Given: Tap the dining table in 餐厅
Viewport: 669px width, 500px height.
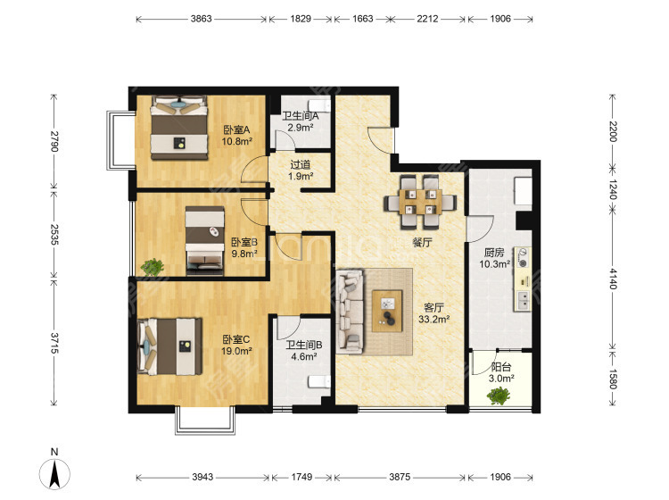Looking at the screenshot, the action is click(x=420, y=202).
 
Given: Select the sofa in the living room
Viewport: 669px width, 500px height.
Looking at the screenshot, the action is click(x=350, y=312).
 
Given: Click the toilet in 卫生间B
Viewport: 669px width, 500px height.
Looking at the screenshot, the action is click(x=318, y=382).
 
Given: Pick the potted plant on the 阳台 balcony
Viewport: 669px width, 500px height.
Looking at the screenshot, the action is click(x=499, y=396).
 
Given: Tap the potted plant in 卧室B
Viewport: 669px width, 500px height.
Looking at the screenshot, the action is click(x=153, y=267).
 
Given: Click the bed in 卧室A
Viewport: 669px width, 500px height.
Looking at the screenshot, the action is click(x=179, y=128).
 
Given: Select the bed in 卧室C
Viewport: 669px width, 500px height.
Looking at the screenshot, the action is click(x=169, y=346).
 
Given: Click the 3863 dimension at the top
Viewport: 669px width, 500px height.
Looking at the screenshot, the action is click(x=201, y=19).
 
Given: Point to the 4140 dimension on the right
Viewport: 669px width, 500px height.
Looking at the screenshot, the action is click(x=613, y=279).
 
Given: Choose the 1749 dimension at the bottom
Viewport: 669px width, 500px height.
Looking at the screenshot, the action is click(x=301, y=477).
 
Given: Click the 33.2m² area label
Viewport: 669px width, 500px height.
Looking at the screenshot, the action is click(x=434, y=319).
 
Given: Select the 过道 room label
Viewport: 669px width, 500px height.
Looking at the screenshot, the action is click(x=301, y=164).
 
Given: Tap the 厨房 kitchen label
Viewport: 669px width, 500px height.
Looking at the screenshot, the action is click(x=494, y=253).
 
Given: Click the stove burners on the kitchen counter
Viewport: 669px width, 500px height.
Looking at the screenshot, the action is click(x=522, y=258).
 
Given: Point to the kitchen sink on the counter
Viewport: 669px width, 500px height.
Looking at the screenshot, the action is click(x=522, y=300).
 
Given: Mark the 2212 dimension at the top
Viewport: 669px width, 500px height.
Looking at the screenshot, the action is click(x=427, y=19).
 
